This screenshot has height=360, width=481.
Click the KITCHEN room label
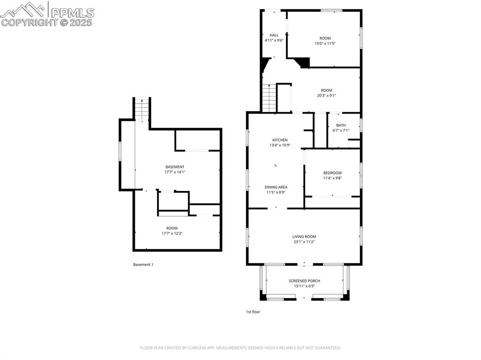tap(280, 140)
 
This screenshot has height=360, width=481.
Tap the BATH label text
tap(341, 125)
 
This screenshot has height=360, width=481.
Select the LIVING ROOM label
tap(304, 237)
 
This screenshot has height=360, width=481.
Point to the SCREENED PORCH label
tap(304, 281)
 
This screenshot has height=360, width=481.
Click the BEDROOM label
tap(332, 173)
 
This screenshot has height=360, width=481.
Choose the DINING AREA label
tap(276, 187)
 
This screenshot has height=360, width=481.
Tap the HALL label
tap(274, 35)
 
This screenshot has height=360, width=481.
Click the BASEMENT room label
tap(175, 167)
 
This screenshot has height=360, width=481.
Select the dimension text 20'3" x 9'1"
tap(326, 96)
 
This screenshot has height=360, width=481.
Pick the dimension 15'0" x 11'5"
tap(325, 44)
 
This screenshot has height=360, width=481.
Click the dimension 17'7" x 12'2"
tap(172, 233)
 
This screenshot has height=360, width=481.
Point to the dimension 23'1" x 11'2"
tap(304, 242)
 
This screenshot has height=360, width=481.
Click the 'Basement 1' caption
tap(143, 265)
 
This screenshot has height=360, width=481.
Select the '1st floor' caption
tap(253, 312)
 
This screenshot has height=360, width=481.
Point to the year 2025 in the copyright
tap(81, 22)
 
